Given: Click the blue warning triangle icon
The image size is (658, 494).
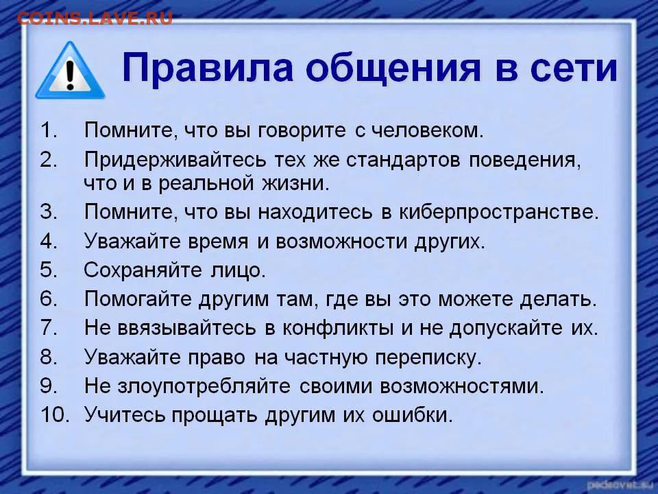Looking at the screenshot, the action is click(x=70, y=71).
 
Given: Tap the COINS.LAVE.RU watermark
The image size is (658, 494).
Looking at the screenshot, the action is click(x=95, y=19).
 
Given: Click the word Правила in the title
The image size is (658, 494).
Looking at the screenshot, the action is click(x=207, y=68).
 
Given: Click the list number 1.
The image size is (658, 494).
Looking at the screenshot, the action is click(x=48, y=130).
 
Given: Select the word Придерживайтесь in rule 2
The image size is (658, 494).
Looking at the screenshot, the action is click(x=175, y=160).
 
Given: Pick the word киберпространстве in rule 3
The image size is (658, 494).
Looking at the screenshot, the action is click(x=498, y=212).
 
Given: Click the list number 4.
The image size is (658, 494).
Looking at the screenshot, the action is click(x=49, y=241).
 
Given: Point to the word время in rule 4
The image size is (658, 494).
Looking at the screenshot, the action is click(x=218, y=242).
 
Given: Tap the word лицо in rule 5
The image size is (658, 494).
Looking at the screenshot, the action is click(x=238, y=270).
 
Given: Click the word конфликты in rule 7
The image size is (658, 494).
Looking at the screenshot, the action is click(x=338, y=328).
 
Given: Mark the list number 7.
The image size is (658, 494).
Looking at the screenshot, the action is click(x=49, y=327).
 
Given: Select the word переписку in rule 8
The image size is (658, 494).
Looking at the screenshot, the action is click(x=428, y=357).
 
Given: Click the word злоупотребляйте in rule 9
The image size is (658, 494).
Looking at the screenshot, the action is click(x=204, y=386).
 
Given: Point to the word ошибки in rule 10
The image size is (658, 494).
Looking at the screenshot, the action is click(x=413, y=415).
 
